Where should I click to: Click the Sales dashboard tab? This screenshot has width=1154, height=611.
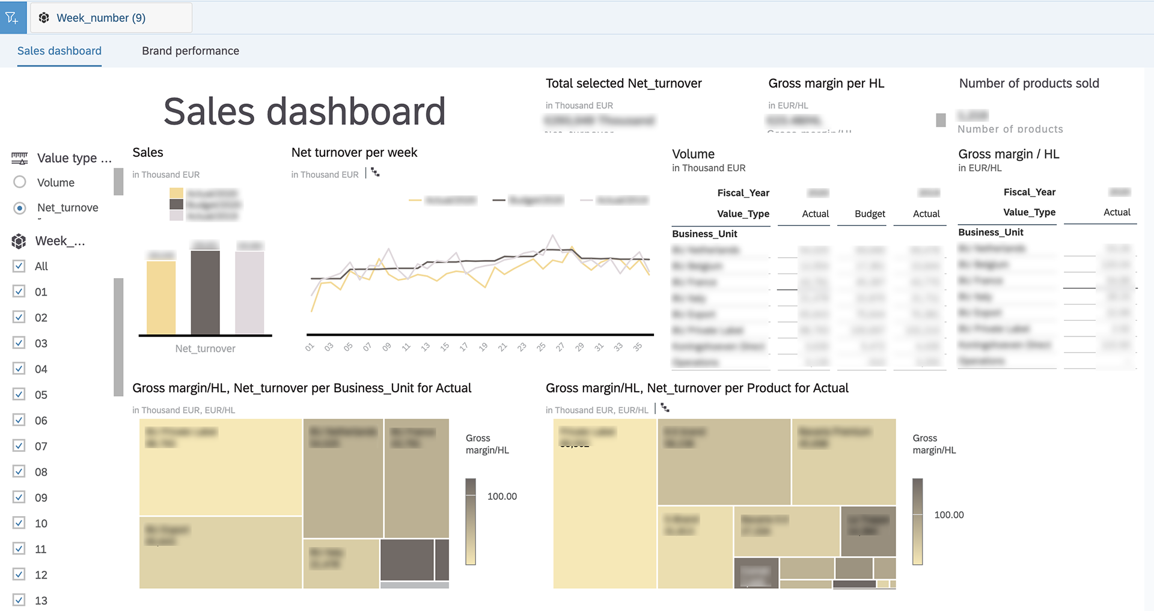pos(60,51)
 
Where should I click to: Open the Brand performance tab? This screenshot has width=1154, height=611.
pos(190,51)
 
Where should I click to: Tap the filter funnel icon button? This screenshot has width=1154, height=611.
pos(12,18)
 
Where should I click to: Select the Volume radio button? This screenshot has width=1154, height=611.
pos(20,182)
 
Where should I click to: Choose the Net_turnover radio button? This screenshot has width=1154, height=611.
pos(20,208)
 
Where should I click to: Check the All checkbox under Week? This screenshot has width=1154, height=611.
pos(19,266)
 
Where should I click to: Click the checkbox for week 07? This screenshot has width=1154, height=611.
pos(19,446)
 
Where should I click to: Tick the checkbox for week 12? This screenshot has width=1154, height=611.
pos(19,574)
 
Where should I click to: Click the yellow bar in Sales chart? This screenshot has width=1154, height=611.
pos(161,297)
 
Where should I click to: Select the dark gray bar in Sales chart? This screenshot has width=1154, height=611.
pos(205,292)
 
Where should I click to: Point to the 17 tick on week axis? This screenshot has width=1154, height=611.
pos(463,347)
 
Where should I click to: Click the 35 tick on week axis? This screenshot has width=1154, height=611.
pos(638,347)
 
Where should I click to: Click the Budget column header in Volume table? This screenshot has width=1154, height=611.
pos(870,214)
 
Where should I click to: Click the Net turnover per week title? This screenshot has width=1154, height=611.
pos(354,153)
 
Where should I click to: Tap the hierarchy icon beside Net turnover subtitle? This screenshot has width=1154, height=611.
pos(376,173)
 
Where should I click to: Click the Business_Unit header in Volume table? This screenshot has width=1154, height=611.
pos(704,234)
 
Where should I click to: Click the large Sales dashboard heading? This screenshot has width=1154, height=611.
pos(304,112)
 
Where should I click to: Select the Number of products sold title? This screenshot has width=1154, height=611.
pos(1029,84)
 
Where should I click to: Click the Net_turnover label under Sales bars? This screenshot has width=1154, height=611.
pos(205,348)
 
